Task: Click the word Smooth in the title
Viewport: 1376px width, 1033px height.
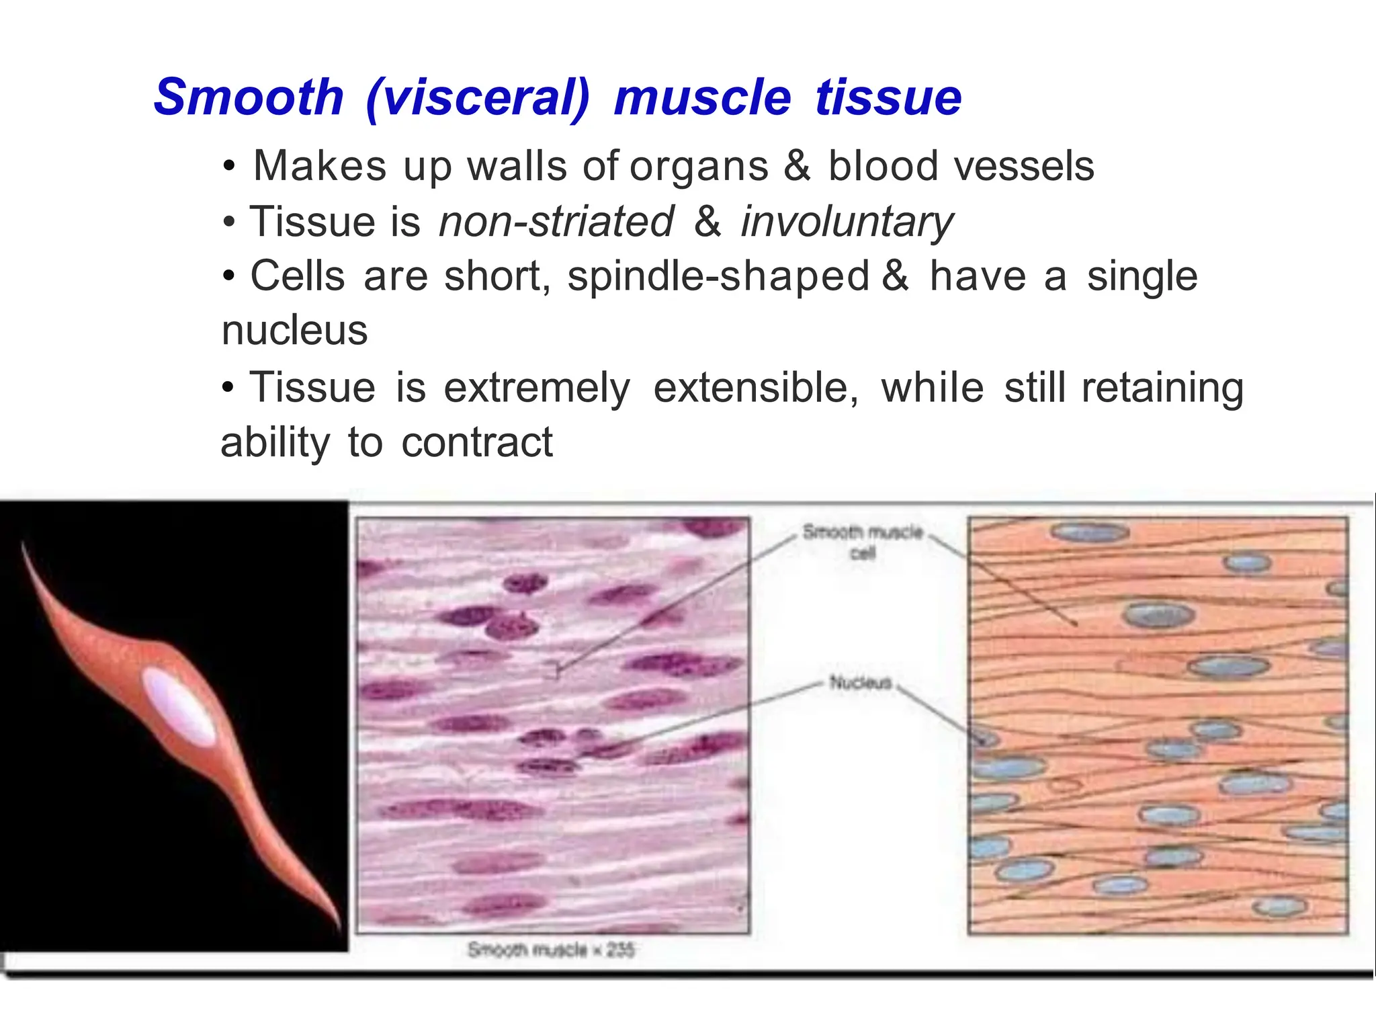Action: [249, 97]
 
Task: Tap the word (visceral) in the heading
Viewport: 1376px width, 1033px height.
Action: [478, 99]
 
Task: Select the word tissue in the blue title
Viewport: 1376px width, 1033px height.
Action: [888, 97]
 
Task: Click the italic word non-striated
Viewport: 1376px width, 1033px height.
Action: [556, 222]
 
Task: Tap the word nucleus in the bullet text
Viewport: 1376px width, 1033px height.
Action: [294, 331]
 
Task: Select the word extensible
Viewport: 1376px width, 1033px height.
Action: [755, 388]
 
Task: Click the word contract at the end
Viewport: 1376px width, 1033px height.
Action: [477, 443]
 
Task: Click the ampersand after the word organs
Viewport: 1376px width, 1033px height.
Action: [797, 166]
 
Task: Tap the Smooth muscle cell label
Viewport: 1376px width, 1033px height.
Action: [862, 541]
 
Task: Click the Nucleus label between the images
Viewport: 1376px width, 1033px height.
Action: [860, 683]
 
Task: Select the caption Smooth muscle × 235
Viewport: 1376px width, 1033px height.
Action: [551, 950]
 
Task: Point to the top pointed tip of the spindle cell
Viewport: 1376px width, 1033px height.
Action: [24, 544]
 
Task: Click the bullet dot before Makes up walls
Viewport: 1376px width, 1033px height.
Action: [230, 166]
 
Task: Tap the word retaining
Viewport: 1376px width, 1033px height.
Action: [1162, 389]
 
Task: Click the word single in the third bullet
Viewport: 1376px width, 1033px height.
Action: [1142, 276]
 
